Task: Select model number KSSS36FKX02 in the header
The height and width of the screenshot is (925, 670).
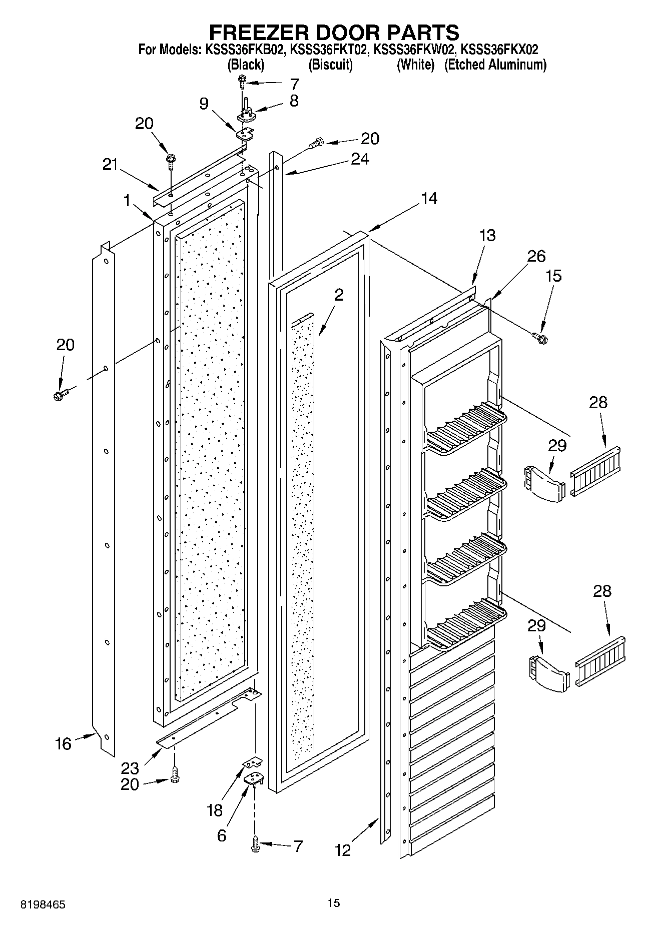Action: (499, 50)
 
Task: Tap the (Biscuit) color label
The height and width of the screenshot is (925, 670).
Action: (330, 65)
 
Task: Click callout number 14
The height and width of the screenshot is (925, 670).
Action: (429, 199)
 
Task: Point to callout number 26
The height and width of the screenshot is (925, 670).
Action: (536, 256)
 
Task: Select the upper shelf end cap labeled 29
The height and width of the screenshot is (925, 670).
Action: (543, 483)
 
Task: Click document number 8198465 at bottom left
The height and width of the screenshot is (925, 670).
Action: (42, 904)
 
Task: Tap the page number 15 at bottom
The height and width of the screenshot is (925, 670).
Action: (334, 902)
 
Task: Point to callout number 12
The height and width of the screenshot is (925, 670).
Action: (343, 850)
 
